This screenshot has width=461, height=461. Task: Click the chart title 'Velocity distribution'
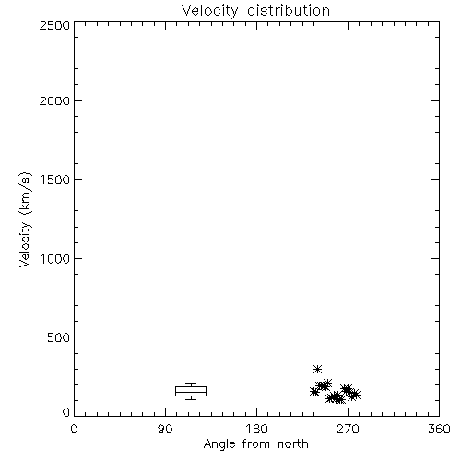(x=255, y=11)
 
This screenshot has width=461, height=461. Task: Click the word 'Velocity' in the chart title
(x=209, y=11)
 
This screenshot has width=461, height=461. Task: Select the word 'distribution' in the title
(x=289, y=10)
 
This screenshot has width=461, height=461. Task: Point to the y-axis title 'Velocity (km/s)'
(x=25, y=219)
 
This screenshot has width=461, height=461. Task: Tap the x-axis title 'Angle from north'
(x=255, y=444)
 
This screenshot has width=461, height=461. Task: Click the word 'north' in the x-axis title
(x=293, y=443)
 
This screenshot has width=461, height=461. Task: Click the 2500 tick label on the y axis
(x=54, y=25)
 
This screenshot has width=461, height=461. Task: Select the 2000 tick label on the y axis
(x=54, y=100)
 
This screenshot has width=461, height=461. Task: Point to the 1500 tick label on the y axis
(x=55, y=180)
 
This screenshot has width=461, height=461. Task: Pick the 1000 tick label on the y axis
(x=55, y=258)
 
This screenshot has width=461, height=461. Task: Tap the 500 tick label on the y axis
(x=59, y=337)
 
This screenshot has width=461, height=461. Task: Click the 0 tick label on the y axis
(x=66, y=412)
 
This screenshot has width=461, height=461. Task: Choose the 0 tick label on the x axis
(x=74, y=429)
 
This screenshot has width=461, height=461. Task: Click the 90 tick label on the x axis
(x=165, y=429)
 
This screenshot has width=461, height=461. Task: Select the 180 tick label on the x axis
(x=256, y=429)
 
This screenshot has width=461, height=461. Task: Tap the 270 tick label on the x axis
(x=348, y=429)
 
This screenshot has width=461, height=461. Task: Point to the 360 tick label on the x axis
(x=439, y=429)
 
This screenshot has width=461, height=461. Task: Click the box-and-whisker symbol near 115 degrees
(x=191, y=391)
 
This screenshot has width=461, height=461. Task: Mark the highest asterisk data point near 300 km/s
(x=317, y=369)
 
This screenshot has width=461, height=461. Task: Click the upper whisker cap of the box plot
(x=191, y=383)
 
